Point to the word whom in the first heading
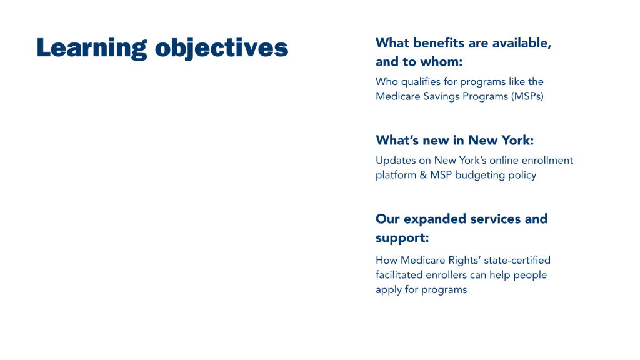pos(442,62)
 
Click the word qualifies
pos(421,82)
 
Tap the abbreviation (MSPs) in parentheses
pos(529,96)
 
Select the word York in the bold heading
pos(517,141)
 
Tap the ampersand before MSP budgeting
pos(423,175)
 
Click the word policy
pos(522,176)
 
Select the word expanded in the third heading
pos(435,219)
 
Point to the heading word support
pos(402,238)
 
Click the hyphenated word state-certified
pos(517,261)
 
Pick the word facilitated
pos(399,275)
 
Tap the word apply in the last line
pos(389,290)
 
